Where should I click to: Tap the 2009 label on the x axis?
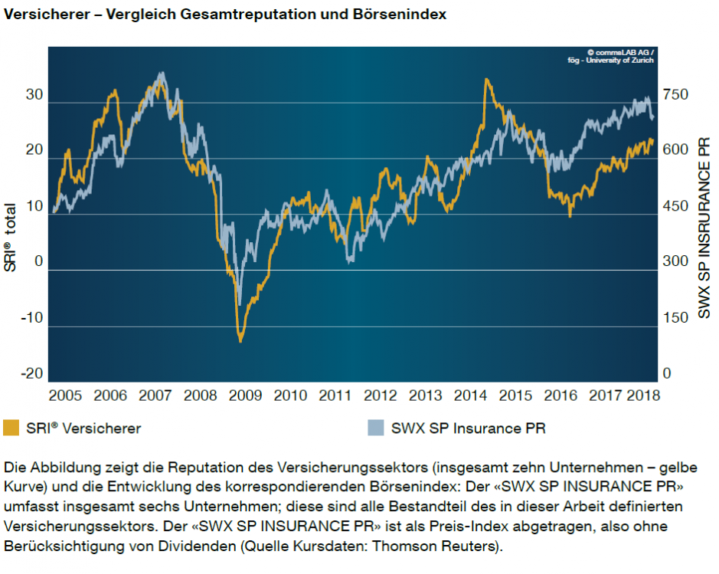[245, 396]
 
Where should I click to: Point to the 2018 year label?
[642, 396]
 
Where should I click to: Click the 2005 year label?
[65, 396]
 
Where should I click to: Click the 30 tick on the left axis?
[34, 95]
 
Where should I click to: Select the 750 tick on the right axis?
[676, 95]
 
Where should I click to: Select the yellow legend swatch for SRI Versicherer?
[11, 428]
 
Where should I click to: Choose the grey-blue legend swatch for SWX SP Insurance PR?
[376, 428]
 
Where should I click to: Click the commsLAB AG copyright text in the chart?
[622, 53]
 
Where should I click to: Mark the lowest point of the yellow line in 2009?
[240, 340]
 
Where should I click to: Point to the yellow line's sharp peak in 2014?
[485, 78]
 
